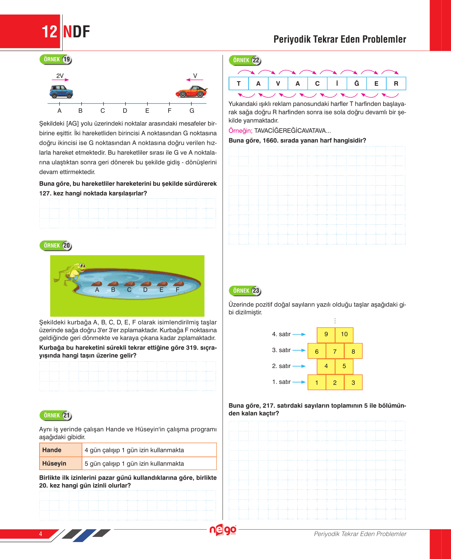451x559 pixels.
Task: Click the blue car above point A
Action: [61, 92]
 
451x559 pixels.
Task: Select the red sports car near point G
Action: [191, 92]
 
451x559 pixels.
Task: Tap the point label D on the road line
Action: [125, 111]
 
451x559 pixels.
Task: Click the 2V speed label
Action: [60, 76]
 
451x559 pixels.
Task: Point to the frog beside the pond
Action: [71, 272]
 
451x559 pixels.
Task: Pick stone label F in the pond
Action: [178, 290]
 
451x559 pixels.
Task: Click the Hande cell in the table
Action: [61, 450]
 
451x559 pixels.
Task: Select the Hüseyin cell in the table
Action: [61, 463]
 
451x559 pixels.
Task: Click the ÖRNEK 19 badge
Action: [56, 60]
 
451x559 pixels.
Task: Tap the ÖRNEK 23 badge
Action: [245, 291]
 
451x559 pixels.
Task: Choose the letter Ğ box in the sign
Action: [357, 83]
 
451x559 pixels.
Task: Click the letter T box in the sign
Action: [238, 83]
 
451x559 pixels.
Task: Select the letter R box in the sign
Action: [396, 83]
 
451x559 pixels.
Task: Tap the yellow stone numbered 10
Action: [344, 334]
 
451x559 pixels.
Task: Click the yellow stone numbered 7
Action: [335, 351]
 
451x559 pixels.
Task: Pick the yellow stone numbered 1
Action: [317, 382]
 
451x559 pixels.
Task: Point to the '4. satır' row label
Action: [281, 334]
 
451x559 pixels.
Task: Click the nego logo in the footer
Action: [223, 530]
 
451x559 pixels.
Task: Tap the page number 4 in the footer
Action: [40, 534]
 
